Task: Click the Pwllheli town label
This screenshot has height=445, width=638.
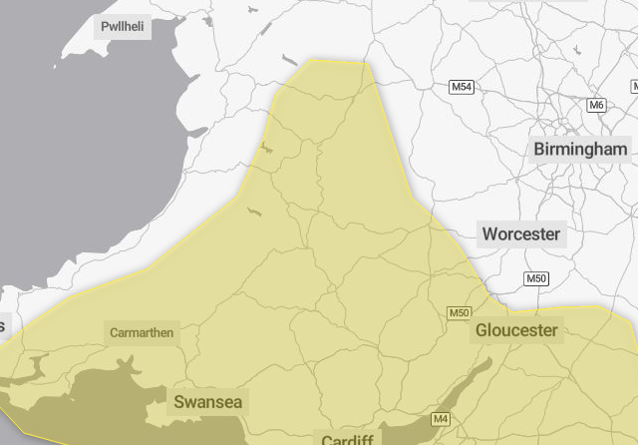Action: pyautogui.click(x=123, y=27)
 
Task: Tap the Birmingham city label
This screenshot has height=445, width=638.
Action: pyautogui.click(x=581, y=149)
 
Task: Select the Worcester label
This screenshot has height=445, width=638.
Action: pyautogui.click(x=521, y=234)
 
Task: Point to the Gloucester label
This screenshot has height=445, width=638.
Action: pyautogui.click(x=516, y=329)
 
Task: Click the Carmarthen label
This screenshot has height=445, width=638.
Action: pyautogui.click(x=142, y=332)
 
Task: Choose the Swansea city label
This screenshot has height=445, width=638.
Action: pyautogui.click(x=207, y=402)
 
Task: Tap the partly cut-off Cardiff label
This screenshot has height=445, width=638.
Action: pyautogui.click(x=347, y=438)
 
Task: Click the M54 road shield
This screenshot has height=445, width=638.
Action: pyautogui.click(x=462, y=87)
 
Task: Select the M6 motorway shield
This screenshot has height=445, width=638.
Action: pyautogui.click(x=596, y=105)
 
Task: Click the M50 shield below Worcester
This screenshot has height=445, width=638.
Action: pyautogui.click(x=536, y=278)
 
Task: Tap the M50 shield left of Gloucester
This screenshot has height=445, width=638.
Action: pyautogui.click(x=459, y=313)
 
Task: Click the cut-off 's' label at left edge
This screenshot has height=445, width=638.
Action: pyautogui.click(x=3, y=326)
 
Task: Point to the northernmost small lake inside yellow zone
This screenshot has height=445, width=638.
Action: pyautogui.click(x=265, y=147)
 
